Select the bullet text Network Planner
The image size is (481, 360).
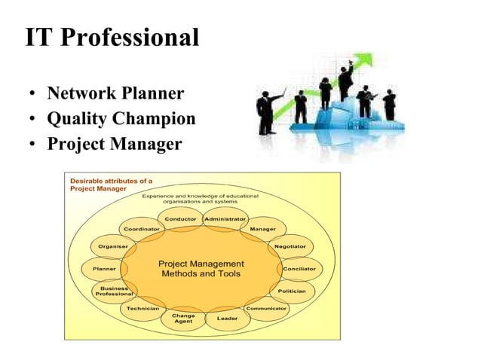click(x=115, y=94)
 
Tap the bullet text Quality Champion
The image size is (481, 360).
click(x=121, y=118)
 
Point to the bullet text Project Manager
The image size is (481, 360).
click(x=115, y=142)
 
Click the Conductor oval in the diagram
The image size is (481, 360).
click(x=181, y=219)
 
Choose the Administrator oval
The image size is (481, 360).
click(x=226, y=219)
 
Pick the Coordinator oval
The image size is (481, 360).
click(x=142, y=229)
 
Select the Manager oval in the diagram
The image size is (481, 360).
click(x=262, y=229)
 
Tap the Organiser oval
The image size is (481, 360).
click(x=112, y=246)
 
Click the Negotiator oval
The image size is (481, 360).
click(x=290, y=246)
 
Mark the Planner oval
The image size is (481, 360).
click(x=103, y=269)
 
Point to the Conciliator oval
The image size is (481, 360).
click(x=299, y=269)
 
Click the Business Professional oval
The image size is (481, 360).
click(x=113, y=291)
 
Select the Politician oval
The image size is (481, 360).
click(x=292, y=291)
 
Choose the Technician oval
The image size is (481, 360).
click(x=142, y=309)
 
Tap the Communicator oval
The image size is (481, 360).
click(x=266, y=309)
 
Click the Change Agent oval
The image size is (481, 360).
click(x=183, y=319)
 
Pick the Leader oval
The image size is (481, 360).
click(x=228, y=319)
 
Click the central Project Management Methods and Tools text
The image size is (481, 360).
click(x=201, y=269)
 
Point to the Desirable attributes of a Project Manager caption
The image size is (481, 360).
click(x=111, y=185)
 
